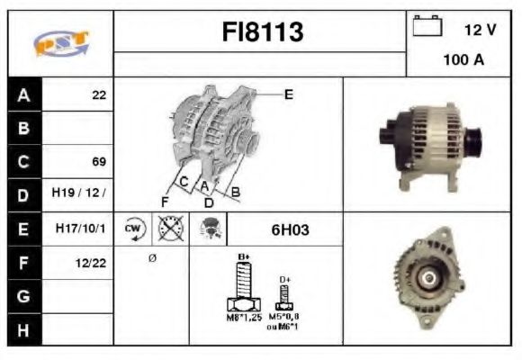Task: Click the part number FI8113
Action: tap(262, 33)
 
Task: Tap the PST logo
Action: tap(60, 43)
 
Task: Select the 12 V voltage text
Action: tap(480, 30)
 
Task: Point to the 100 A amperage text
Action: tap(463, 60)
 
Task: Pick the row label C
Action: tap(23, 162)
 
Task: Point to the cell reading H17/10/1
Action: tap(79, 229)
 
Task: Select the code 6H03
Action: tap(290, 229)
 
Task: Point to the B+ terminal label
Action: tap(242, 257)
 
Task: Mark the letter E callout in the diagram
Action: tap(288, 94)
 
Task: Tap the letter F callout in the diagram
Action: tap(165, 201)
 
